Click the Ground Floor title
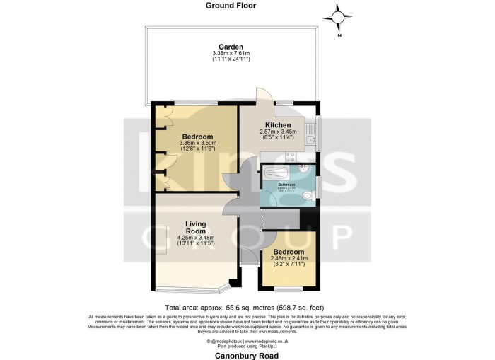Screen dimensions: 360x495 click(x=231, y=6)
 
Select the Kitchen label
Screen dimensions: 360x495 click(x=278, y=124)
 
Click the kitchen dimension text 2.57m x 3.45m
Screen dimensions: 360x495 click(x=278, y=132)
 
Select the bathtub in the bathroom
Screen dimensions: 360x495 click(x=276, y=173)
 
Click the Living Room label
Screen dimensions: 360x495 click(x=195, y=228)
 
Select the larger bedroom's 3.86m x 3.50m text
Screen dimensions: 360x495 click(x=197, y=144)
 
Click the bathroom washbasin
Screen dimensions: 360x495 click(x=302, y=170)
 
